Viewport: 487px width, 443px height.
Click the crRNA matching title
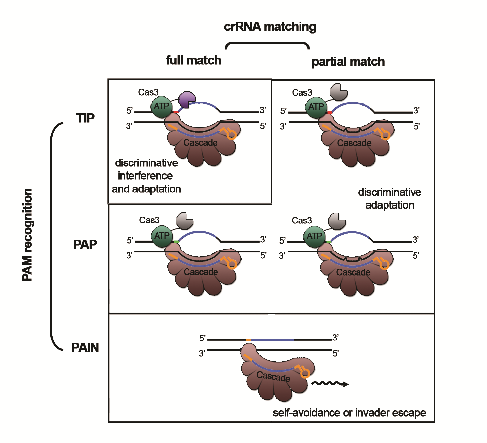coord(270,27)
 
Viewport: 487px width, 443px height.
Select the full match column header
coord(193,60)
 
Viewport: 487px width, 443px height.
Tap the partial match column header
coord(348,62)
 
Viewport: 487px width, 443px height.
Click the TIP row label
coord(85,118)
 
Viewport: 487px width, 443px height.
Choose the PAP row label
coord(85,244)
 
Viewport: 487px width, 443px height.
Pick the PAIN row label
coord(85,347)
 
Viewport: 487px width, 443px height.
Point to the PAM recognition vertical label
coord(27,235)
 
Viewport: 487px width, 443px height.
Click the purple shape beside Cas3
coord(186,99)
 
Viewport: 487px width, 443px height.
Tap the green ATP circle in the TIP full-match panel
coord(161,107)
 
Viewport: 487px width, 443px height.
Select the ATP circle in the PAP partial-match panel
coord(315,236)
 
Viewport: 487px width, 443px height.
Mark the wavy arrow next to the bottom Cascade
coord(329,384)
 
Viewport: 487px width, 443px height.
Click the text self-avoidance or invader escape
coord(349,413)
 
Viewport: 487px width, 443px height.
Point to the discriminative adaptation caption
coord(389,198)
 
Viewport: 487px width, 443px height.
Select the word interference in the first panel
coord(145,176)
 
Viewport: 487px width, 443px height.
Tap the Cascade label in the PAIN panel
coord(273,376)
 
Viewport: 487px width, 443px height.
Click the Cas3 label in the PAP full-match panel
coord(149,220)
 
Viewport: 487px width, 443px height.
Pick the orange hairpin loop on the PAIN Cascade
coord(304,372)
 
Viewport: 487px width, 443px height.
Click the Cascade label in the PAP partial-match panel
coord(353,272)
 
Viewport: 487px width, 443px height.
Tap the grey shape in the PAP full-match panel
coord(185,221)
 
